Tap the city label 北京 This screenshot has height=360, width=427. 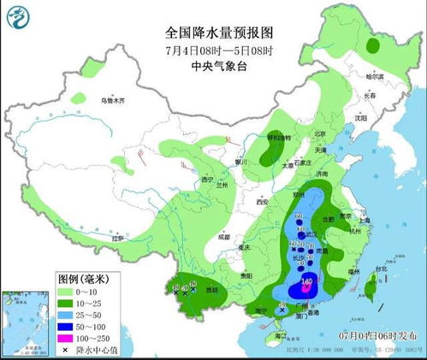[x=320, y=134]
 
